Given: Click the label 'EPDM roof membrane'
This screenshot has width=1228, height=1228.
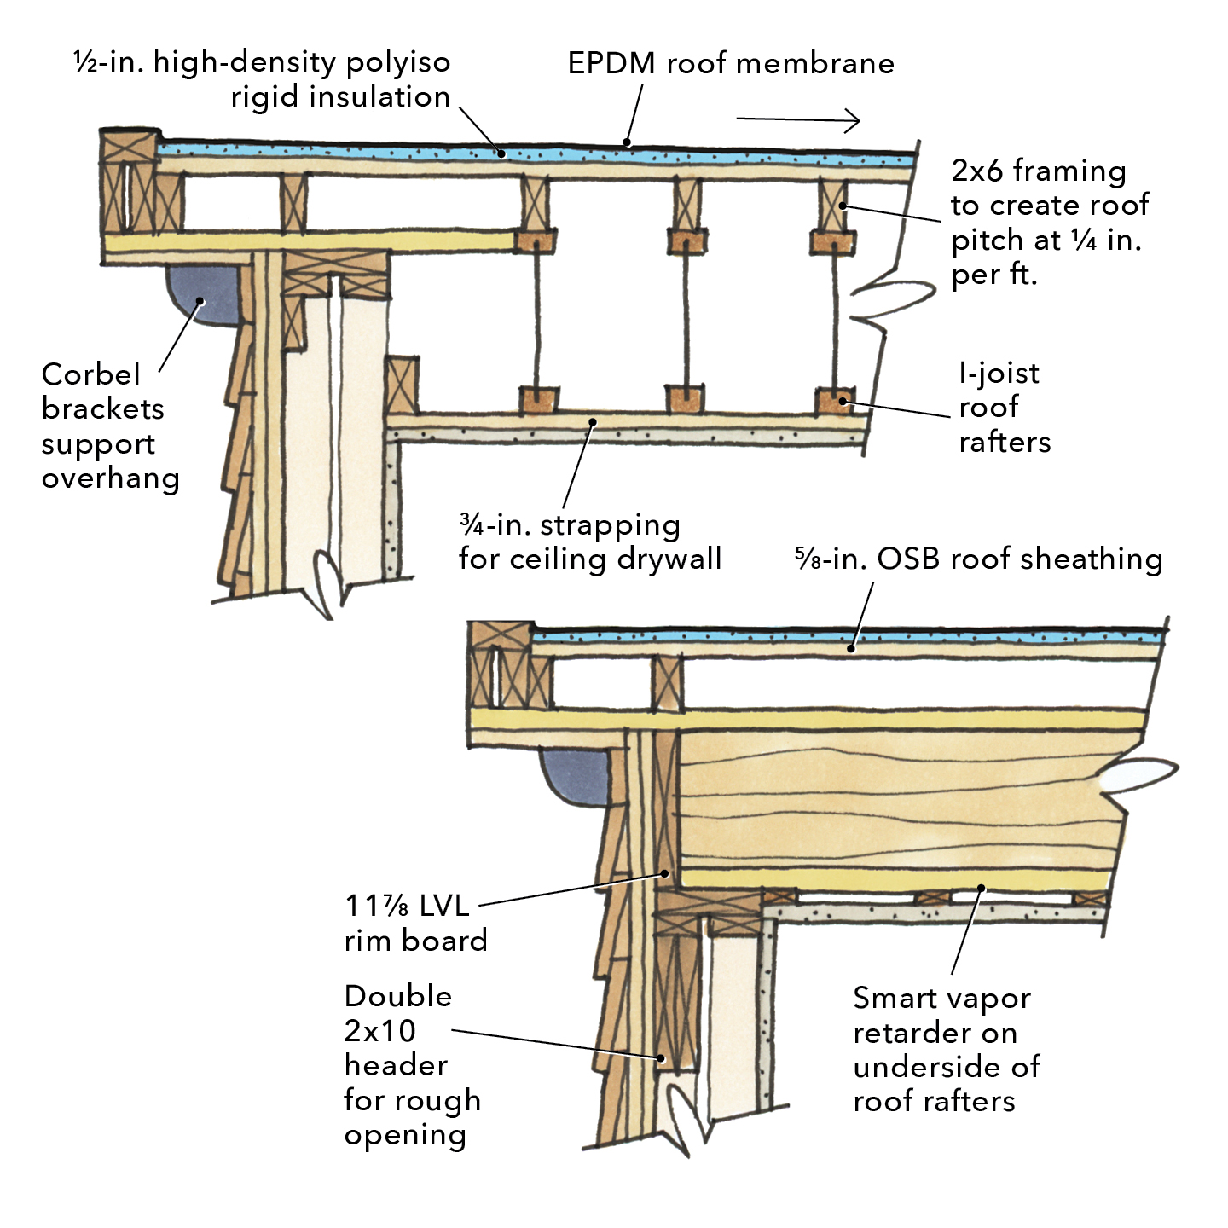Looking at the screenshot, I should (731, 63).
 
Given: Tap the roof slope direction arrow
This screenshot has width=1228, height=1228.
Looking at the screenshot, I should (798, 120).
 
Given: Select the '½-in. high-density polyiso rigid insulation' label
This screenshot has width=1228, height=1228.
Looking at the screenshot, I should (263, 79).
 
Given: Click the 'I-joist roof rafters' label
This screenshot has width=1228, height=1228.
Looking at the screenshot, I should (1004, 408).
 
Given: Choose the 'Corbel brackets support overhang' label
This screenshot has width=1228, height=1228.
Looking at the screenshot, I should (110, 426).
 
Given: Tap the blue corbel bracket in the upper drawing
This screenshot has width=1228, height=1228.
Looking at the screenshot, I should (204, 298).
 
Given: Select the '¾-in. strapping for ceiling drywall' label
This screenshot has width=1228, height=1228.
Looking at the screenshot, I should (590, 542).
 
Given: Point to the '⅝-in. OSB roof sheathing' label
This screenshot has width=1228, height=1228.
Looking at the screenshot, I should (979, 559).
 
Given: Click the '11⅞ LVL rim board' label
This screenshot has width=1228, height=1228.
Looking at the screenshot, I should (415, 923).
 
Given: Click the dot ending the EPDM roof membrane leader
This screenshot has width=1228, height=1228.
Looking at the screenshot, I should (627, 142).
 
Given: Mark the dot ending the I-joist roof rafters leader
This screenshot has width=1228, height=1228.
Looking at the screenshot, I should (843, 401).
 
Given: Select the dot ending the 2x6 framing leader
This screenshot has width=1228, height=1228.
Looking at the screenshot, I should (842, 206).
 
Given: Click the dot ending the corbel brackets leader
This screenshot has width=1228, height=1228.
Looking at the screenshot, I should (201, 300).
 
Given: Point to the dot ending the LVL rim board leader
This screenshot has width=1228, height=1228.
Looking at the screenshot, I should (665, 873).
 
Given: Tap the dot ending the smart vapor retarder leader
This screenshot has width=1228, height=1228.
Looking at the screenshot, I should (982, 889).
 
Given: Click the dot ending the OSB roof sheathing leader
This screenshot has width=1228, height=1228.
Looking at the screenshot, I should (851, 649).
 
